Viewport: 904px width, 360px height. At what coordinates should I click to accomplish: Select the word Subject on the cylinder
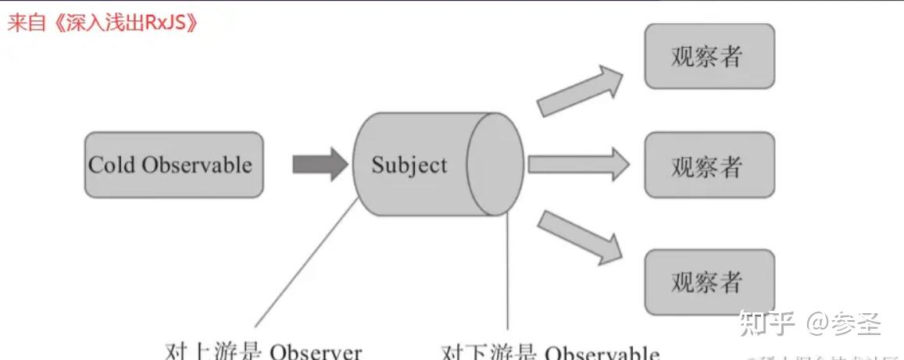point(409,166)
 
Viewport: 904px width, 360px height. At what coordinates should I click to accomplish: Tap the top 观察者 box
point(709,56)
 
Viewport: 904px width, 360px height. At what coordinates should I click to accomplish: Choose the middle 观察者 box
point(709,165)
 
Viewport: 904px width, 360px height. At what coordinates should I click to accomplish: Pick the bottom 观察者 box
point(709,281)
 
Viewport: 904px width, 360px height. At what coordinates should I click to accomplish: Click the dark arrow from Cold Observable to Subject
point(320,164)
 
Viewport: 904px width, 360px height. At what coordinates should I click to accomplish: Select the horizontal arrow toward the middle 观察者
point(578,164)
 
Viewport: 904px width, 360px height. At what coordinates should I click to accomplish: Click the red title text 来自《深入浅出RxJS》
point(102,23)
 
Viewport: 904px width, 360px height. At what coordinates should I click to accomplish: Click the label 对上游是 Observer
point(264,351)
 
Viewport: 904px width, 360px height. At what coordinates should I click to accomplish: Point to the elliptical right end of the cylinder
point(495,163)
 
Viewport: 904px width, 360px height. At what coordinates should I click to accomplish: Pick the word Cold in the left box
point(113,165)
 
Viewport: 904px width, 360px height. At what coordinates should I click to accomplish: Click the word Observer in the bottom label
point(316,351)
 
